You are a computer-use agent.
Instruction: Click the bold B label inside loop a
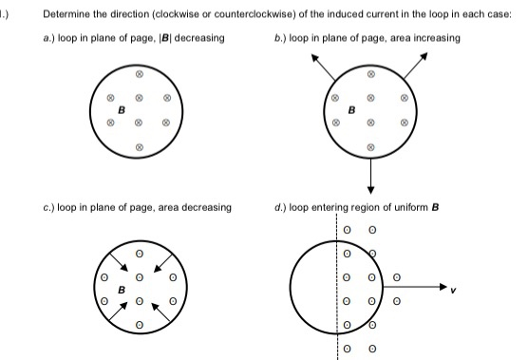122,110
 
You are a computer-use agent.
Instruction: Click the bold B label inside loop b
352,110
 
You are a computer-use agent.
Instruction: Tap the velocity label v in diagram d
465,293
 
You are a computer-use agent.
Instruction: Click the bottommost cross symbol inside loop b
371,146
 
